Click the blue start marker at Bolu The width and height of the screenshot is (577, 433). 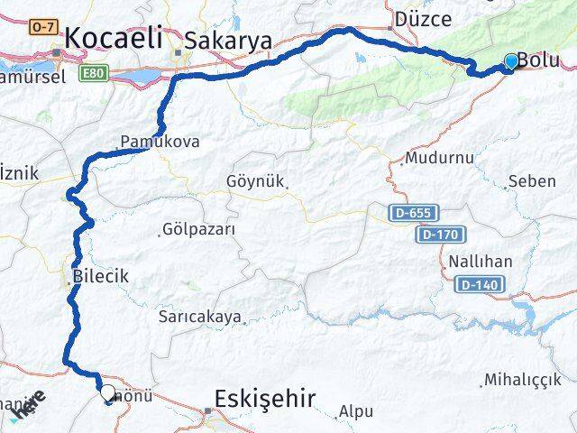(x=512, y=61)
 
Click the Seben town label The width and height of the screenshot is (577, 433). (x=532, y=181)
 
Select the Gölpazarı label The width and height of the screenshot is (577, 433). (x=200, y=229)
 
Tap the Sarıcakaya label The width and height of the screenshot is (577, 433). (x=200, y=317)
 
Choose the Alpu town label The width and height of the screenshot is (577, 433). (x=355, y=411)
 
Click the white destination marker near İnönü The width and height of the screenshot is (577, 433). (x=108, y=392)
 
